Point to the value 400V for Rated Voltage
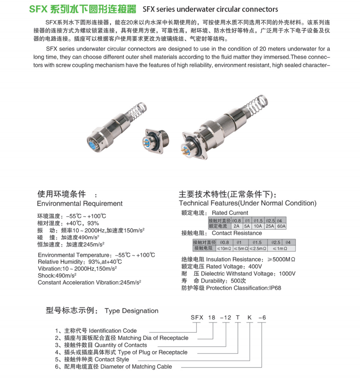point(254,266)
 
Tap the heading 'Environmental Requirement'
point(80,203)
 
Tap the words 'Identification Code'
point(113,331)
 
